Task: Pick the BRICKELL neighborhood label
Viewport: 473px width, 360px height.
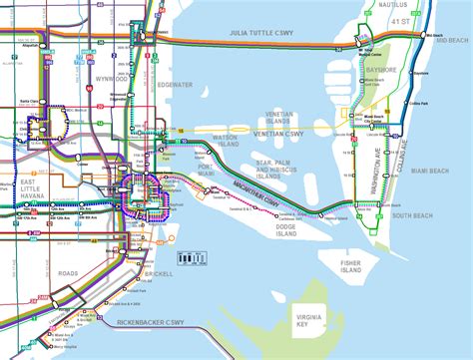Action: pyautogui.click(x=160, y=272)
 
